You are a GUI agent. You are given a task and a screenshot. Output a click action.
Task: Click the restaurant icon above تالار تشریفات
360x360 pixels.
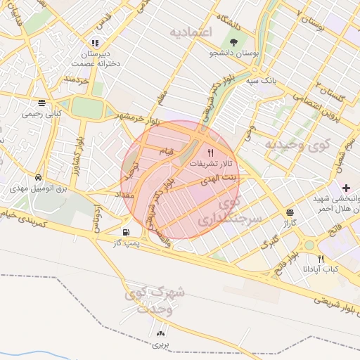pos(210,152)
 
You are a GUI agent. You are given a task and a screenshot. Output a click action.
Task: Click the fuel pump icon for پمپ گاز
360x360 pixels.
pos(126,232)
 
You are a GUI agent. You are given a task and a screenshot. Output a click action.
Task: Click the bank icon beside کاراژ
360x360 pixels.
pos(290,212)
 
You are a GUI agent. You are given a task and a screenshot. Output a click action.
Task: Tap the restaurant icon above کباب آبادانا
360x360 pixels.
pos(321,258)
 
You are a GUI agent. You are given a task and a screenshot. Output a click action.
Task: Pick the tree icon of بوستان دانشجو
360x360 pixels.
pos(233,42)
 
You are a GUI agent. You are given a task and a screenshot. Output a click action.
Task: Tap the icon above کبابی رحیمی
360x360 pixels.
pos(42,102)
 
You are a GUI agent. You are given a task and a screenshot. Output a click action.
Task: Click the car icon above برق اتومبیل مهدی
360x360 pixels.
pos(36,178)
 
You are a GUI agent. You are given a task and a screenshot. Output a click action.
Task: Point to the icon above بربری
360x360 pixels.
pos(162,334)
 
